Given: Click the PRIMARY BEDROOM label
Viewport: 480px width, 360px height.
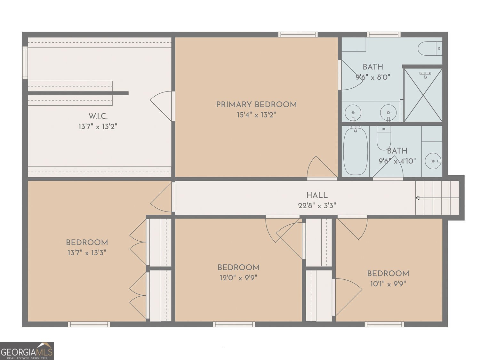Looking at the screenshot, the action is tap(256, 105).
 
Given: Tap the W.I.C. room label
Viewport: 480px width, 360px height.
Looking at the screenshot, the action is tap(98, 116).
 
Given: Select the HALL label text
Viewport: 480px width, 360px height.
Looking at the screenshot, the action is tap(317, 195).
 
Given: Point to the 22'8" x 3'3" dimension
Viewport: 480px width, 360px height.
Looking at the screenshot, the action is tap(317, 206).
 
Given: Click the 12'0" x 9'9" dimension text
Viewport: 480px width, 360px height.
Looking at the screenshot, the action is tap(238, 278).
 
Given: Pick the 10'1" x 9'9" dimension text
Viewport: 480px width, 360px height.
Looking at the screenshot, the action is tap(388, 284).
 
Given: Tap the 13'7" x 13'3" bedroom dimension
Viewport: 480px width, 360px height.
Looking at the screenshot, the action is tap(87, 253).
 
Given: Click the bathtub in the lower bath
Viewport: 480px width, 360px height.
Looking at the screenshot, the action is tap(355, 151).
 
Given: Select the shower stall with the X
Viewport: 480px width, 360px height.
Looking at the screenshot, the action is tap(423, 95).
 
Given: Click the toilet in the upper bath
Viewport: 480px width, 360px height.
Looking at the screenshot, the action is tap(430, 49).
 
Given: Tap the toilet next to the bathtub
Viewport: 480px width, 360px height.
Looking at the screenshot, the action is tap(384, 138).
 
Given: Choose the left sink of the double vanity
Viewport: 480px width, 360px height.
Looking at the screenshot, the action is tap(353, 113).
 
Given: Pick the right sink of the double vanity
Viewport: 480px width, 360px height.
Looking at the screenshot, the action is tap(388, 113).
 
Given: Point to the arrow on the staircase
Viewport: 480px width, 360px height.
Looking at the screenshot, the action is tap(437, 198).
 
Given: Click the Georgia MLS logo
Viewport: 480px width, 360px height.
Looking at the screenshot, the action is tap(27, 351).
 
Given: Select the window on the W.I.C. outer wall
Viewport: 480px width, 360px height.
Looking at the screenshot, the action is tap(25, 63).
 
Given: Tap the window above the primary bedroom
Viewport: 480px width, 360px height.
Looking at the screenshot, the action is tap(298, 35).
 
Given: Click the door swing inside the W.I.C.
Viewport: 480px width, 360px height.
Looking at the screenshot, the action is tap(161, 106).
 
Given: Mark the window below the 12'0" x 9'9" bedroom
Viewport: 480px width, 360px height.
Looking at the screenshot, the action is tap(234, 324).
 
